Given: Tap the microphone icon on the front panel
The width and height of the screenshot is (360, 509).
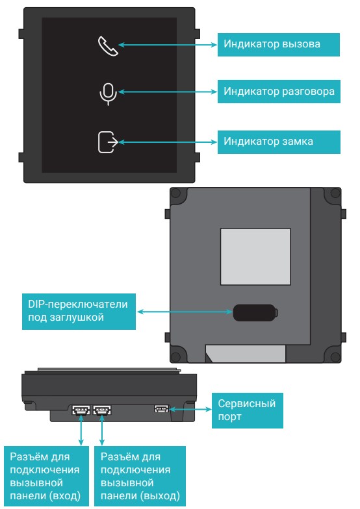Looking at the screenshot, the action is [108, 94].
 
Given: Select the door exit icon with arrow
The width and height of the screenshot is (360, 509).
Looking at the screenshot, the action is [108, 142].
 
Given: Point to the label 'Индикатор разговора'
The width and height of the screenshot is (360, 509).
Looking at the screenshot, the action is [279, 92].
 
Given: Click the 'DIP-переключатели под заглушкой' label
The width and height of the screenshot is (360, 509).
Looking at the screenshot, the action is [79, 312].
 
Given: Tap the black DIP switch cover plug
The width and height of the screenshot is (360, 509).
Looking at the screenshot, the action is [255, 313].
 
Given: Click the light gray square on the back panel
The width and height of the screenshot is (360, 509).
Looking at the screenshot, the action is [255, 257].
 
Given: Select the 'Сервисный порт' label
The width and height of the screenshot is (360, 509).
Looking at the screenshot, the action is [247, 410].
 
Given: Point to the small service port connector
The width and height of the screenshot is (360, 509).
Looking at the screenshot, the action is [161, 408].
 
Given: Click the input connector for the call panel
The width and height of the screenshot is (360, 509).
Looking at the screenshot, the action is [81, 410].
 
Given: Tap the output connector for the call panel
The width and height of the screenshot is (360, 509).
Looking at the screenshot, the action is [102, 410].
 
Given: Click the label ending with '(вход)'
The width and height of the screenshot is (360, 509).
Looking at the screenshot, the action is [45, 476].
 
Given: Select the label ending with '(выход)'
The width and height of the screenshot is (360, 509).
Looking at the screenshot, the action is [140, 476].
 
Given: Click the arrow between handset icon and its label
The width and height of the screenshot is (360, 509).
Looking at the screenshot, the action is [168, 45].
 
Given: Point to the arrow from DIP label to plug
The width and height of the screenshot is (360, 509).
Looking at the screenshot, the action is [185, 312].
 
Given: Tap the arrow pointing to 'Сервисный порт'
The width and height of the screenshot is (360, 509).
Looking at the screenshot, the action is [190, 409].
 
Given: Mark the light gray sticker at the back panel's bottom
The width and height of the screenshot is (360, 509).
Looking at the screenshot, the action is [246, 353].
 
